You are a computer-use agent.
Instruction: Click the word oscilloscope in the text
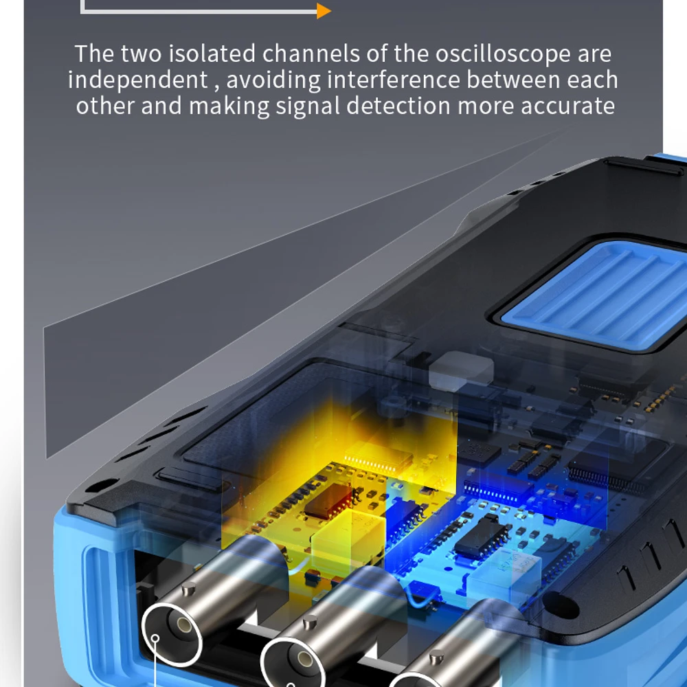503,54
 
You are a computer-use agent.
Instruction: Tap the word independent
137,80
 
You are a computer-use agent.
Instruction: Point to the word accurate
567,106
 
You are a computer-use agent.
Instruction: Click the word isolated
212,54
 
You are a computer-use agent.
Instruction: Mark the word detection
398,106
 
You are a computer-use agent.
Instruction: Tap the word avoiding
273,80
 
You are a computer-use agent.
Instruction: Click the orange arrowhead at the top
324,11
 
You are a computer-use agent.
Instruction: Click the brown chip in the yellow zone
328,501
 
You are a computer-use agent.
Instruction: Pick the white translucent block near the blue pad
461,371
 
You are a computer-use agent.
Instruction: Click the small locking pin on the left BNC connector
189,589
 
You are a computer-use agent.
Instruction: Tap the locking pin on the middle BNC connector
311,621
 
